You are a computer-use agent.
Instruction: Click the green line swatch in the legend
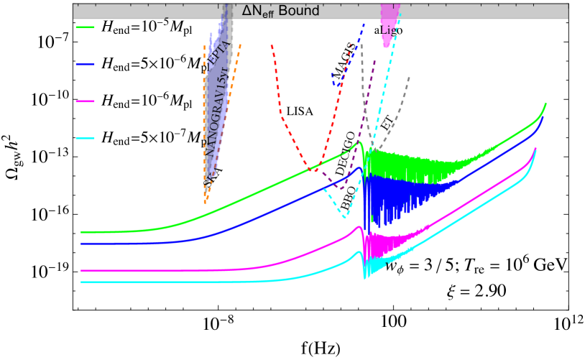[x=86, y=27]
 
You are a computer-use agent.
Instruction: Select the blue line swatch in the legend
[x=86, y=65]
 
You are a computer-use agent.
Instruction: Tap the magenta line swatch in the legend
[x=86, y=101]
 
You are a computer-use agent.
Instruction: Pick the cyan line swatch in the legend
[x=86, y=139]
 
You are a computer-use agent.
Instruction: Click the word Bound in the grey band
[x=300, y=11]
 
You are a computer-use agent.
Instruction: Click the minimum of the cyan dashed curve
[x=345, y=216]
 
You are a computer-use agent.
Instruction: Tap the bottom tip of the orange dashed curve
[x=206, y=202]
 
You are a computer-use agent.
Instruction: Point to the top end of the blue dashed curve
[x=364, y=23]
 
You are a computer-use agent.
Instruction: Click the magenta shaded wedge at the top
[x=390, y=22]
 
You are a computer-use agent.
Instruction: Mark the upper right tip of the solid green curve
[x=545, y=103]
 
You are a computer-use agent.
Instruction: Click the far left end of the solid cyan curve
[x=81, y=282]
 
